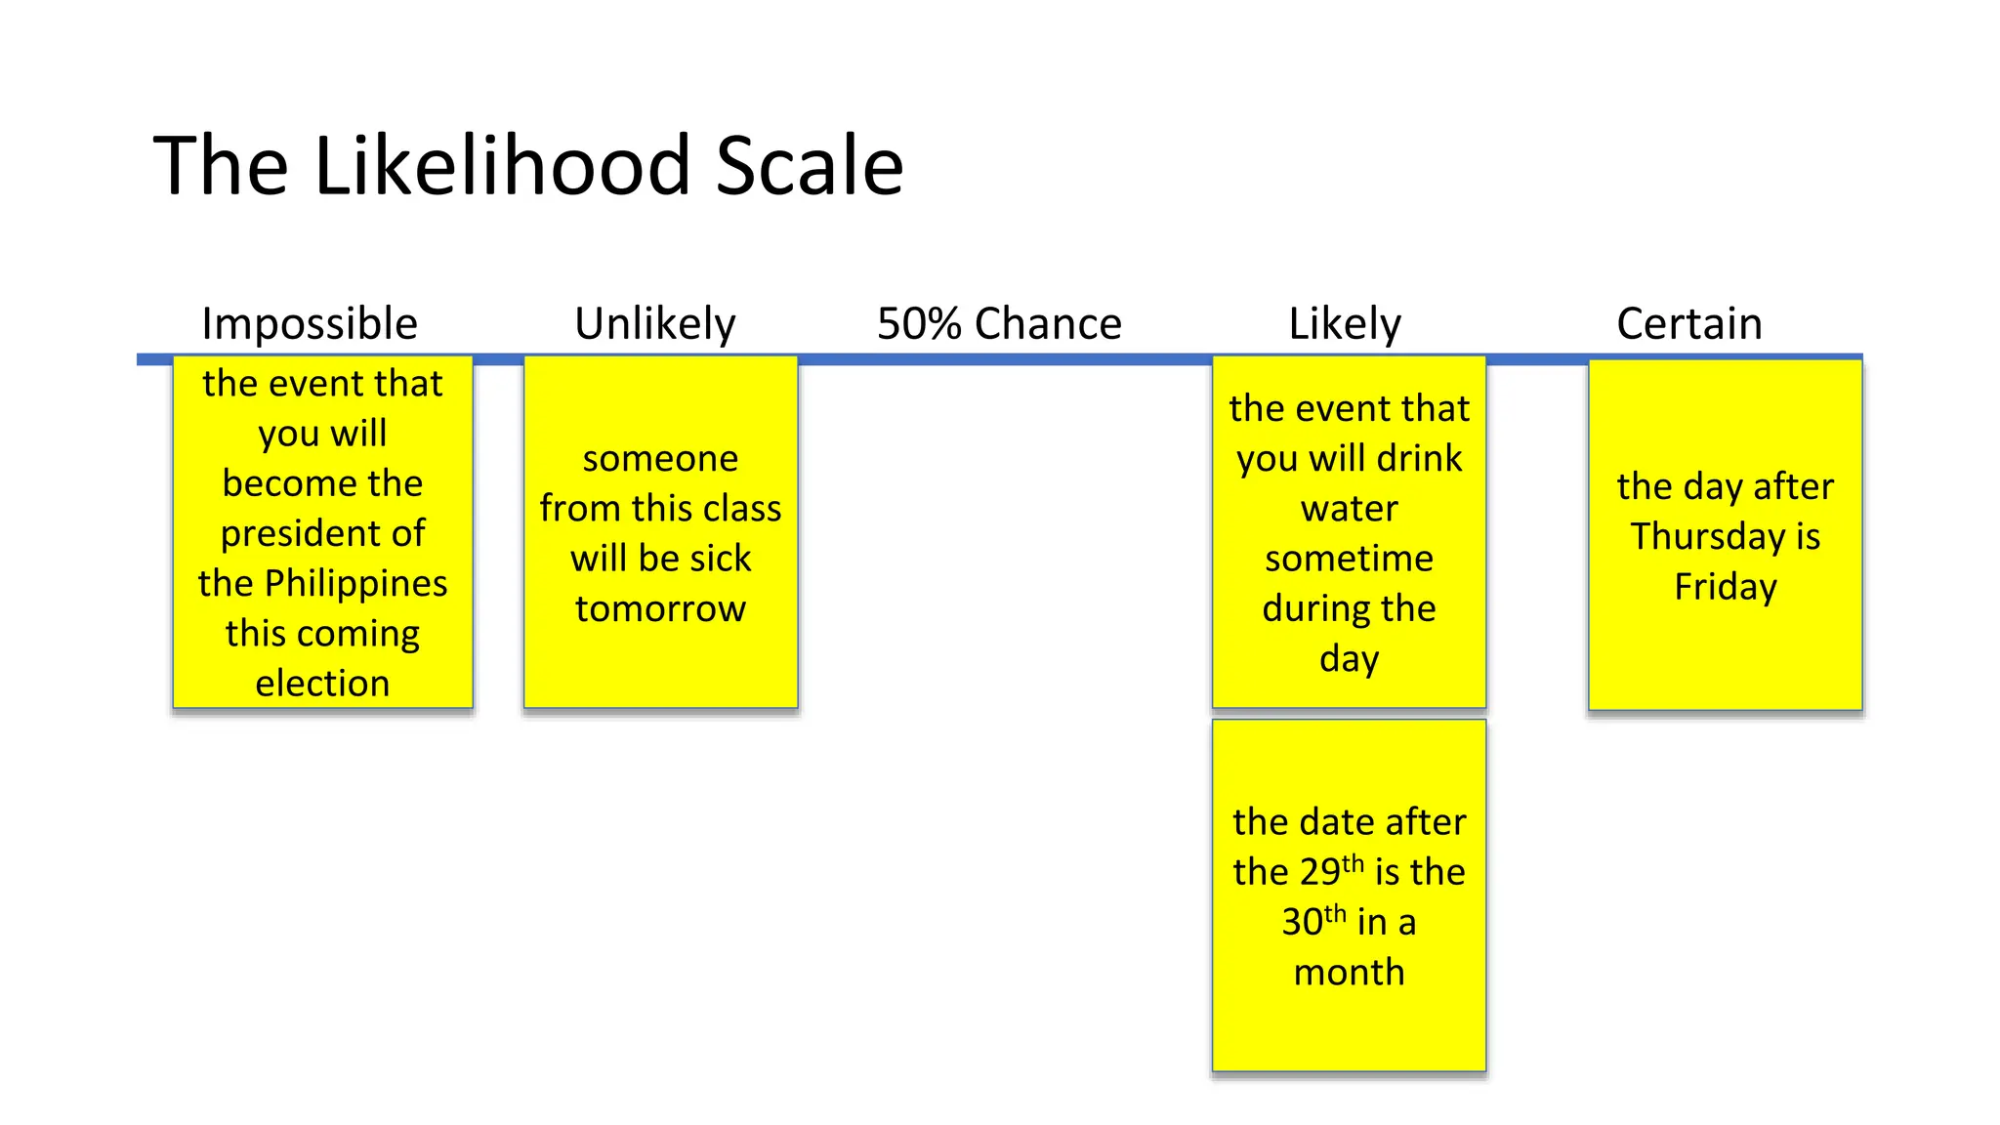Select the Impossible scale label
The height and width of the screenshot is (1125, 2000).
[x=310, y=324]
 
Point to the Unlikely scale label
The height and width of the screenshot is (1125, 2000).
[x=654, y=324]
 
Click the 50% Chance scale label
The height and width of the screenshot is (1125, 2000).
[x=999, y=324]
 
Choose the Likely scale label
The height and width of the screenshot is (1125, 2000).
[x=1345, y=324]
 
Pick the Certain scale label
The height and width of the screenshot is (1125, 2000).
[x=1689, y=324]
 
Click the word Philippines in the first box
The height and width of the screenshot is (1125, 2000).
[x=355, y=584]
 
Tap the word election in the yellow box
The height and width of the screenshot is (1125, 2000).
[x=322, y=684]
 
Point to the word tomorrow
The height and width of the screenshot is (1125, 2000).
[x=660, y=609]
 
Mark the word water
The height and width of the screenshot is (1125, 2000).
[x=1349, y=509]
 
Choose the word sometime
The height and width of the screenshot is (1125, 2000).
[x=1349, y=559]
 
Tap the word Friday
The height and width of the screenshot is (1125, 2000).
[x=1726, y=587]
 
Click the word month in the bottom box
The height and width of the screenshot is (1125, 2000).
[x=1349, y=973]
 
